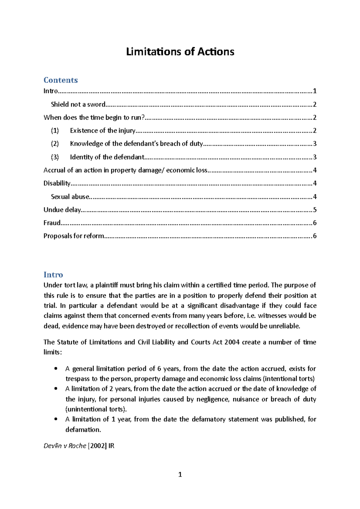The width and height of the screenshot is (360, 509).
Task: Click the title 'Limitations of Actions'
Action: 180,52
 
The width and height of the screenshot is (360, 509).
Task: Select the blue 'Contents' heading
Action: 61,80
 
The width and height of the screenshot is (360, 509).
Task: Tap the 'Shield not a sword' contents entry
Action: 78,104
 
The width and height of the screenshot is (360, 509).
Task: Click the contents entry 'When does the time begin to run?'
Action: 94,118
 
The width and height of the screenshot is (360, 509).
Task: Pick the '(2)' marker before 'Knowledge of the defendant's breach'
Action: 55,144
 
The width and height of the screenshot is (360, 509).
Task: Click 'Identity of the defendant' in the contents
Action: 107,157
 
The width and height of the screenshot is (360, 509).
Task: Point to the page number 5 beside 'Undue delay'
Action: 315,210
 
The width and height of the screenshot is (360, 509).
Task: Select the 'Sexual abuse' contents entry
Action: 70,197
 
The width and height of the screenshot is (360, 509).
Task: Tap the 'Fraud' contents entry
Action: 52,223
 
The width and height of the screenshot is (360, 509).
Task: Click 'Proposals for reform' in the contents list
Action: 74,236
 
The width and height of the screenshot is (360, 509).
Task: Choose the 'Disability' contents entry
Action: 57,183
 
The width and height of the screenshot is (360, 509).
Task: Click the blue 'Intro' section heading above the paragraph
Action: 53,275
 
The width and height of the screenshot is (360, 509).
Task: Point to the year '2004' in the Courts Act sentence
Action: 232,342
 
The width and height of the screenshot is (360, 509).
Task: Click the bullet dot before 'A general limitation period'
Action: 56,369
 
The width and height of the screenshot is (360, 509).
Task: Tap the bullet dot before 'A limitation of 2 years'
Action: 56,388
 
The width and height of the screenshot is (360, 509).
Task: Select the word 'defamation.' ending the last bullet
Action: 83,430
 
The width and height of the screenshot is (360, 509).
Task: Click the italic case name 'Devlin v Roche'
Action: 65,446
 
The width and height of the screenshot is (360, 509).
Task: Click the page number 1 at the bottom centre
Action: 180,475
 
